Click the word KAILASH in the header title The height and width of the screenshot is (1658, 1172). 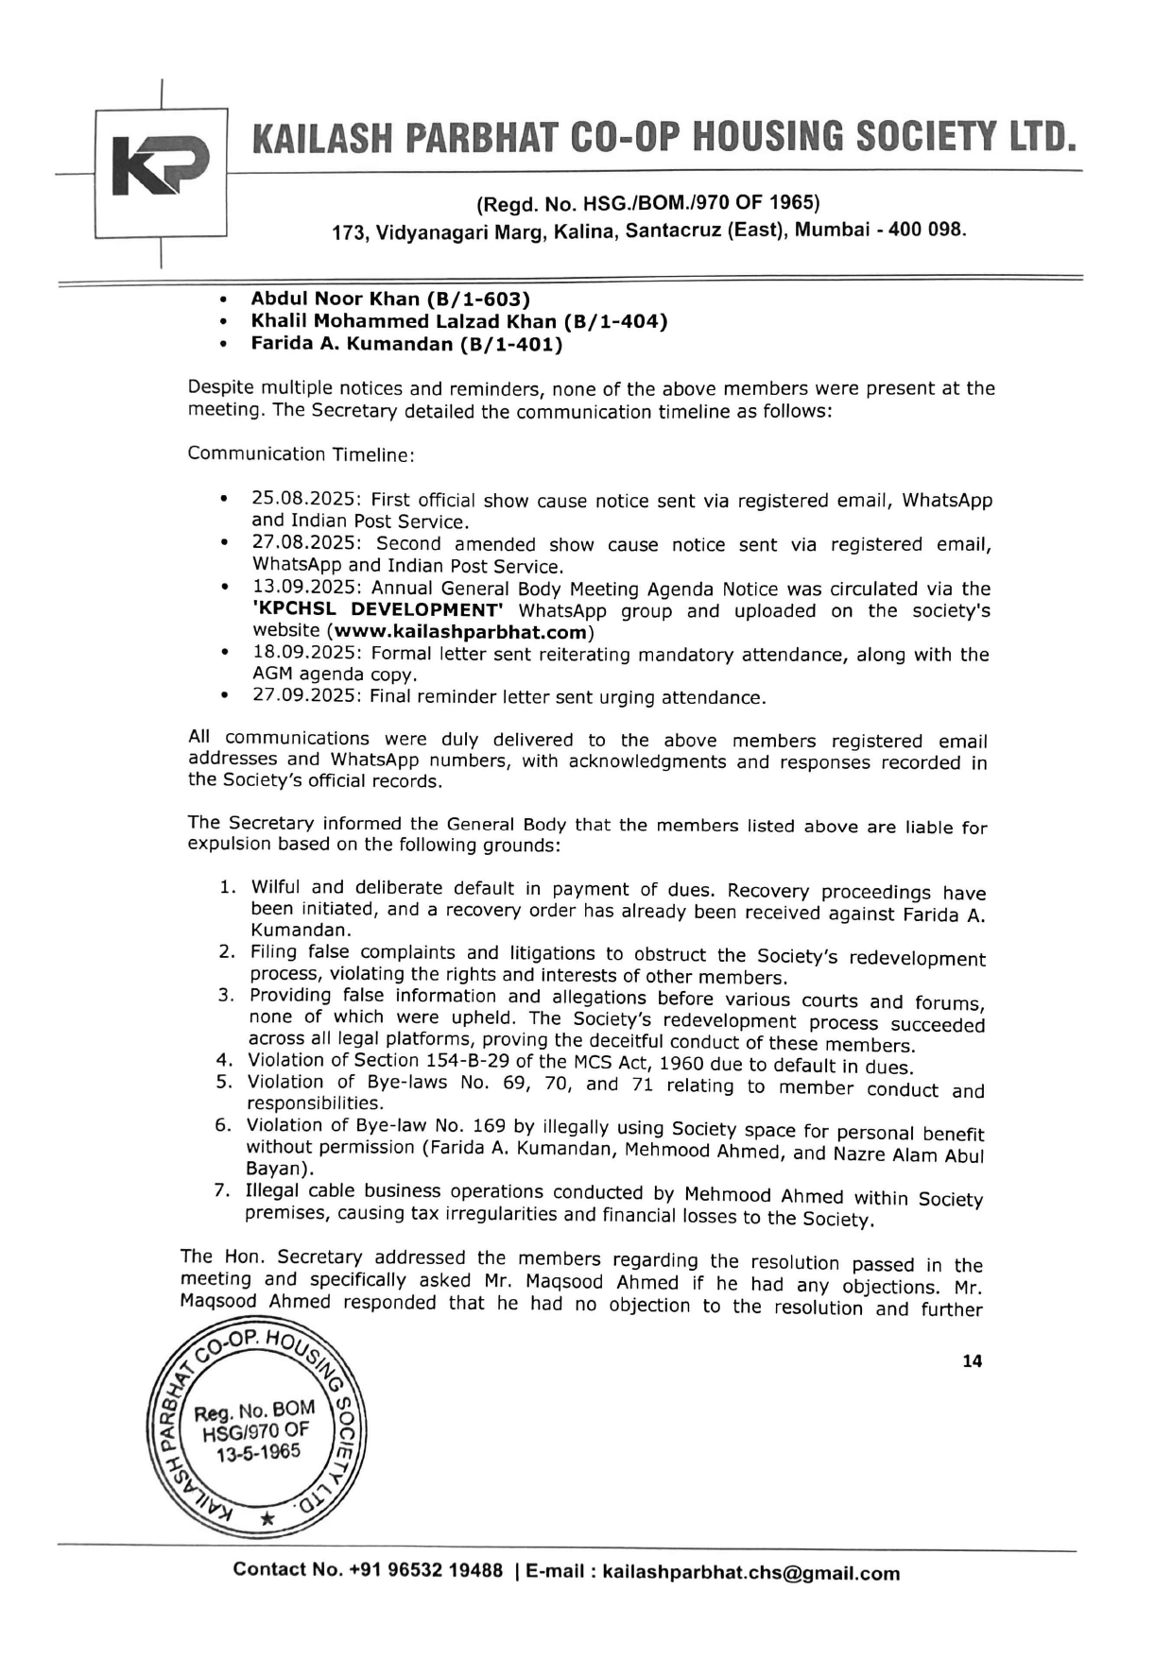(x=320, y=138)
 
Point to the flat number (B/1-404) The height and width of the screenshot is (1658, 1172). (x=615, y=321)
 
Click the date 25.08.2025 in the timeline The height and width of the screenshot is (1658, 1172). (x=305, y=499)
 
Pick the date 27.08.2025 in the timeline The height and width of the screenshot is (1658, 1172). (x=305, y=543)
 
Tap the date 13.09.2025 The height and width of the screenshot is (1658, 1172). (x=305, y=588)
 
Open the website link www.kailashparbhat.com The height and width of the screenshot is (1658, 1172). (x=460, y=631)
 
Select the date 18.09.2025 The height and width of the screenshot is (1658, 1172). (x=305, y=653)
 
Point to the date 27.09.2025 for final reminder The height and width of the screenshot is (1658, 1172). (x=305, y=696)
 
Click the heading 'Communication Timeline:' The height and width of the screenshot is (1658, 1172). (x=301, y=454)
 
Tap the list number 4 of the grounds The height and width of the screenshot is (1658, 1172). (x=224, y=1060)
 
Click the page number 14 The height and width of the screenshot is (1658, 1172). (x=972, y=1361)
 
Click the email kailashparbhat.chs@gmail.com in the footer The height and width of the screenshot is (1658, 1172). (x=750, y=1573)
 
